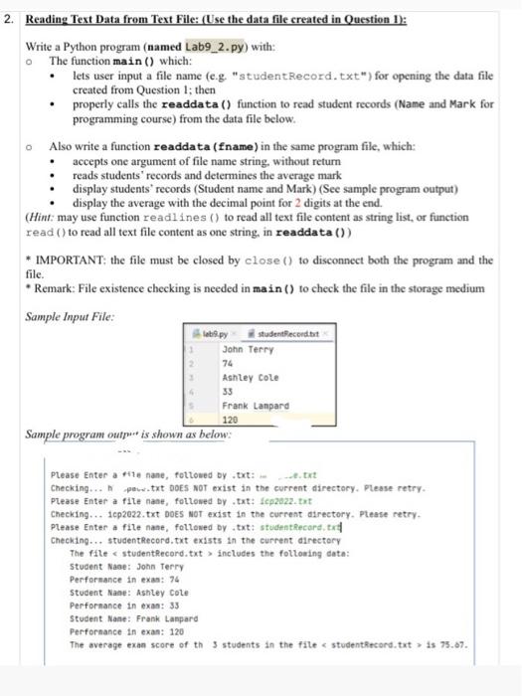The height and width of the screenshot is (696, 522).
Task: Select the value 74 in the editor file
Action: pyautogui.click(x=229, y=367)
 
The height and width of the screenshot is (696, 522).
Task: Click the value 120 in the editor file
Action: pyautogui.click(x=231, y=421)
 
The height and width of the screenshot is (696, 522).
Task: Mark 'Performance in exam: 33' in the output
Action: pyautogui.click(x=120, y=578)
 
